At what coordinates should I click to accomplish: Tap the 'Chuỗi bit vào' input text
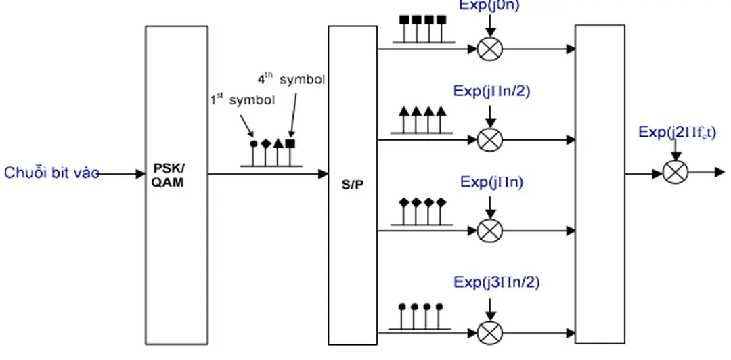51,173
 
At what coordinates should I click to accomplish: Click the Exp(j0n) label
490,6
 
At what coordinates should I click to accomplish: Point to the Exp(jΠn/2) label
492,91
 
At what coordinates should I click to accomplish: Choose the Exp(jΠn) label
492,182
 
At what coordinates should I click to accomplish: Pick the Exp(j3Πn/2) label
497,282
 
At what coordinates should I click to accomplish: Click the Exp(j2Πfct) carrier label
677,132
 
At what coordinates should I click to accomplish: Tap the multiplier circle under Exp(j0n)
490,49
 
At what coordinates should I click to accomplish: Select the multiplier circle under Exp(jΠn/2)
490,139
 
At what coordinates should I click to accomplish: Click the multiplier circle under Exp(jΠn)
490,231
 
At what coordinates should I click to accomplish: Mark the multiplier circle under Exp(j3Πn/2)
490,333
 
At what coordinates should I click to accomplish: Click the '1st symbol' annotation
242,101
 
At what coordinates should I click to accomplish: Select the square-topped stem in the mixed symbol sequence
290,144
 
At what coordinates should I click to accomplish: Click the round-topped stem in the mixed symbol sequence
253,144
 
